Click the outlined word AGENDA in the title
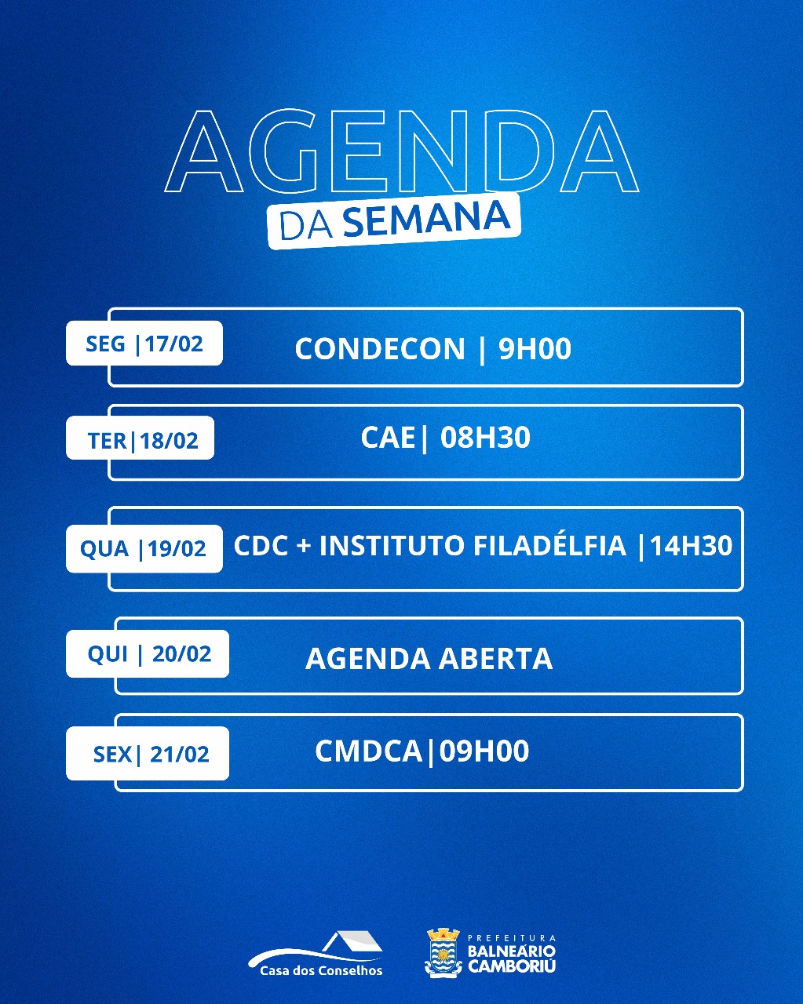[x=402, y=151]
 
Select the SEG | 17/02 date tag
[x=144, y=343]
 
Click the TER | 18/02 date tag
[x=140, y=438]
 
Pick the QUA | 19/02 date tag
[x=144, y=548]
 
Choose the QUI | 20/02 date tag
[x=148, y=653]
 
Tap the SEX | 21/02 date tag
[x=148, y=754]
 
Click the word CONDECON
[x=380, y=348]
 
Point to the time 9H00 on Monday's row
[x=535, y=348]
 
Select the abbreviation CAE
[x=388, y=438]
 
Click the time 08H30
[x=486, y=438]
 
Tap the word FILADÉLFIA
[x=549, y=544]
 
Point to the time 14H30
[x=691, y=545]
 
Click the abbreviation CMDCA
[x=368, y=751]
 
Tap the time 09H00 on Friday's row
[x=484, y=751]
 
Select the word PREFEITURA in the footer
[x=512, y=938]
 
